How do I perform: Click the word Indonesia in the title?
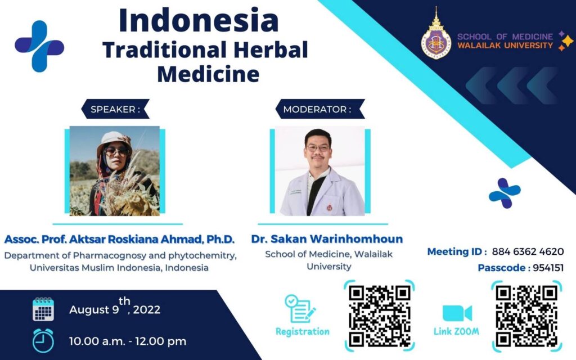click(199, 21)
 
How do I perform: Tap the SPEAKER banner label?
click(115, 109)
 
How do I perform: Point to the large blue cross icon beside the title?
click(40, 46)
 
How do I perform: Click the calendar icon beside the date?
click(43, 309)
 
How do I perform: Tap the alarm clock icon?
click(43, 340)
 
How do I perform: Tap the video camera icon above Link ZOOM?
click(457, 313)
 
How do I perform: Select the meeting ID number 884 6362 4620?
click(528, 251)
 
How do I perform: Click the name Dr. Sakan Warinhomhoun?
click(327, 239)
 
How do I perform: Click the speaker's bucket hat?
click(114, 141)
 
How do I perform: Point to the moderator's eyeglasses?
click(318, 148)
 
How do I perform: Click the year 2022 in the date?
click(147, 310)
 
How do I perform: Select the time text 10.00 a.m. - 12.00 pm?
click(128, 341)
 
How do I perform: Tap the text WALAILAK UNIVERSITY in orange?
click(505, 46)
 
